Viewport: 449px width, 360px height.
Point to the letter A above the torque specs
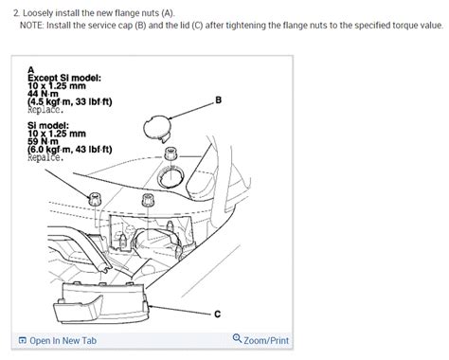point(31,69)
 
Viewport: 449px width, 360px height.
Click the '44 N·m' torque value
point(47,95)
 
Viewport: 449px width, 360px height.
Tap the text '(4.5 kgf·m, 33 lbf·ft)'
point(71,102)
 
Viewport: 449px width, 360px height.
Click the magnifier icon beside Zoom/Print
point(237,339)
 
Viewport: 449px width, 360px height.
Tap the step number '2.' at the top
point(9,9)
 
